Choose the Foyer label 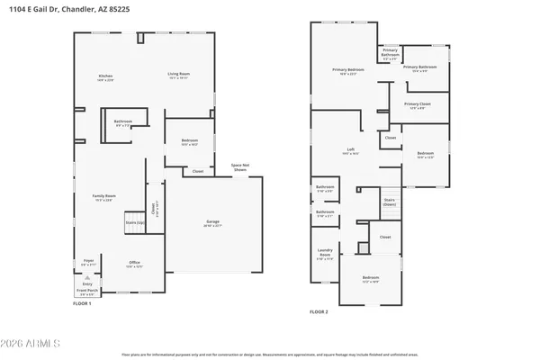[x=89, y=262]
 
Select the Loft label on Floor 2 [x=351, y=150]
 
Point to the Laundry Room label [x=326, y=256]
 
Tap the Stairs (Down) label [x=390, y=202]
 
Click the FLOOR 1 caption [x=83, y=303]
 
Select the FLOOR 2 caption [x=319, y=311]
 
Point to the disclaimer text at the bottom [x=270, y=355]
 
